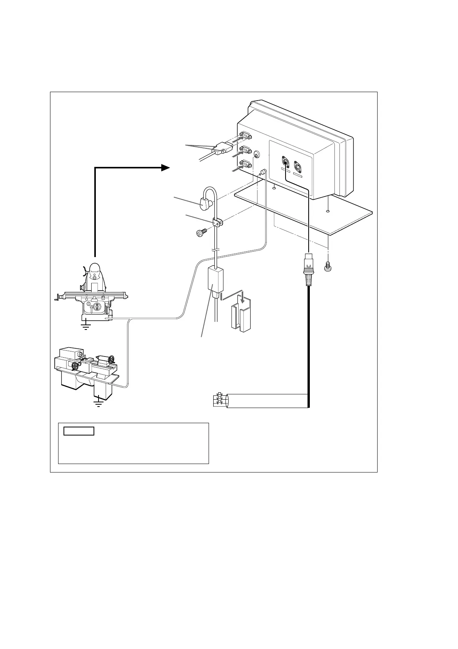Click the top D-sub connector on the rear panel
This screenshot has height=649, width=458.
pos(245,136)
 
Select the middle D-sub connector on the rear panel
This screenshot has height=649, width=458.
pos(245,150)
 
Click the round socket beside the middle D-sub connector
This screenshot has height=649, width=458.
pos(257,155)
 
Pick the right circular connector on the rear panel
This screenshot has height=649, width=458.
pos(298,166)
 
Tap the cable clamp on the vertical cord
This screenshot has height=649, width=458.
pos(217,222)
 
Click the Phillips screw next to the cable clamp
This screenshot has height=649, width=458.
pos(201,233)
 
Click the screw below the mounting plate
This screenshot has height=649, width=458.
pos(328,266)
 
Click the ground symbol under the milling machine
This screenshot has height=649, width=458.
pos(86,327)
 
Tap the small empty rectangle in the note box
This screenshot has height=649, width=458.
pos(79,431)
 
